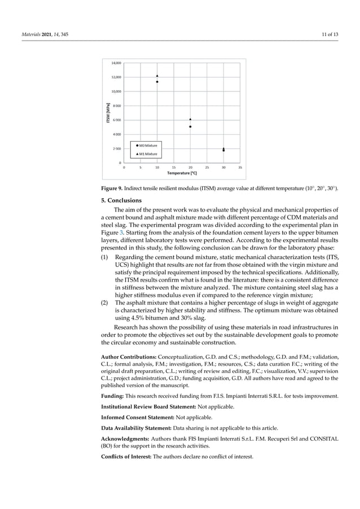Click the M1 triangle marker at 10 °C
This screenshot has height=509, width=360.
coord(157,76)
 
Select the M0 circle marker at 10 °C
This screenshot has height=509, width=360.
coord(157,82)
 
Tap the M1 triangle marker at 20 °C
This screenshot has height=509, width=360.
coord(190,119)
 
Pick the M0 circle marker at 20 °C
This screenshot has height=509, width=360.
coord(190,126)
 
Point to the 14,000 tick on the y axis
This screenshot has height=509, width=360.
coord(115,63)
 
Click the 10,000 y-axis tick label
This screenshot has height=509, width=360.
coord(115,91)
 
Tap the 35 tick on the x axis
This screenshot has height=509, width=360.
coord(240,167)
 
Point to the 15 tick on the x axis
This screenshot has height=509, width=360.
coord(174,167)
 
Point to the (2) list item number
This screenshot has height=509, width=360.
coord(104,302)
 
